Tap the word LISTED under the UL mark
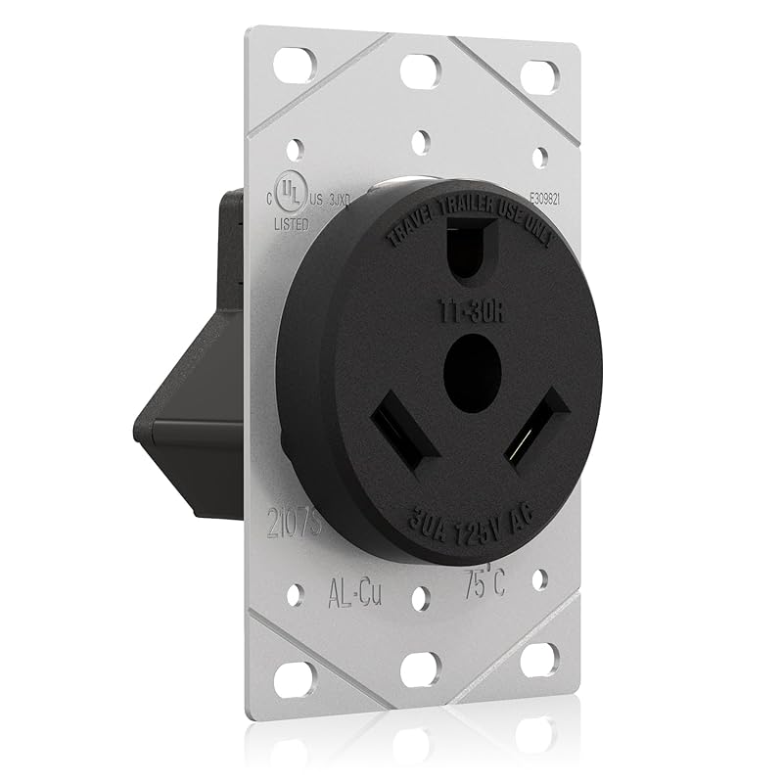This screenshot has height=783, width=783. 292,224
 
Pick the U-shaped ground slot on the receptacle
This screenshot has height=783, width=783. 468,256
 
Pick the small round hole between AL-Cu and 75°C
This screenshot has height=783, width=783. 419,597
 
